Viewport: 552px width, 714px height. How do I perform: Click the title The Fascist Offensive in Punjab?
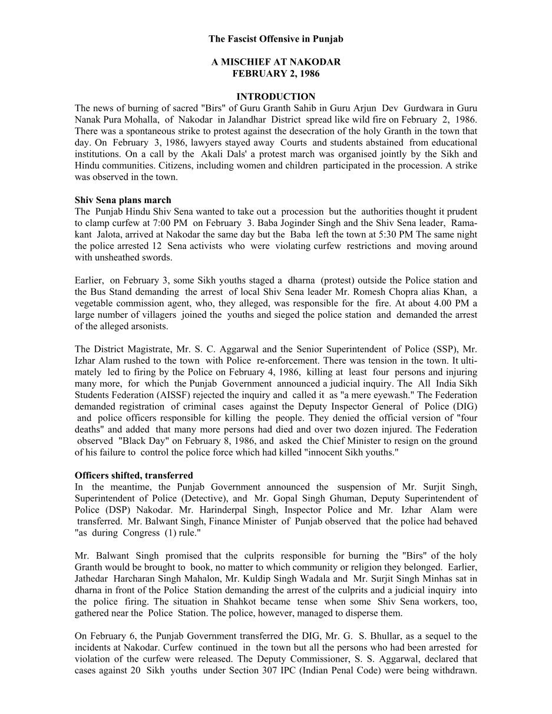point(276,39)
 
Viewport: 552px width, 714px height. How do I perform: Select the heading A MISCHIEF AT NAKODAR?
point(276,62)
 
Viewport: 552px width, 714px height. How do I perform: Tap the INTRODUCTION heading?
point(276,97)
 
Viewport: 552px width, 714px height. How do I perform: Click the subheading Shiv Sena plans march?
point(123,200)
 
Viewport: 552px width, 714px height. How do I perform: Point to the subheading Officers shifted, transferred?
point(134,475)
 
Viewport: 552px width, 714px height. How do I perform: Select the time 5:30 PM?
point(386,234)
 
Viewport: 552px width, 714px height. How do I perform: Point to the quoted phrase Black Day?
point(140,441)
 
